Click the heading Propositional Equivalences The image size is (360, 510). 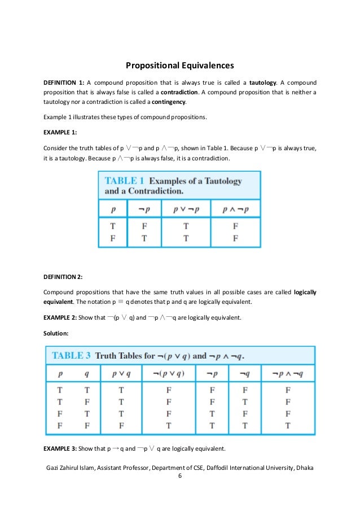180,65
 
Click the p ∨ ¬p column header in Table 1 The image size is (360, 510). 186,208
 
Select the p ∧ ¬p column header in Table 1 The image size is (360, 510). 235,208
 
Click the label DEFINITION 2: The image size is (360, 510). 63,276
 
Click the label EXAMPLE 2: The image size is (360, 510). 60,317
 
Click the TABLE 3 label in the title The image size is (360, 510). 72,356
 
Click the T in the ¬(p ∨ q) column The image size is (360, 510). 168,425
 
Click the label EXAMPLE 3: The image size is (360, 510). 60,449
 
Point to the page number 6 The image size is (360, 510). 179,476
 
